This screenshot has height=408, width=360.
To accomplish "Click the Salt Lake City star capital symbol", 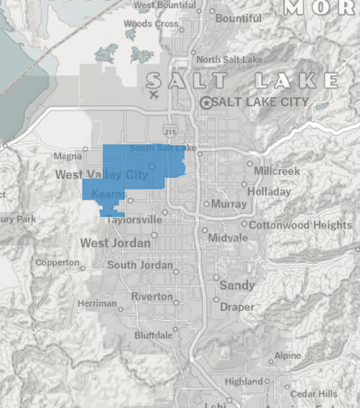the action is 206,103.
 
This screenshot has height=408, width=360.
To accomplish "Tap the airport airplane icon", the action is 154,95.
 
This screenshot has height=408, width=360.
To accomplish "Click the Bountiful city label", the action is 238,19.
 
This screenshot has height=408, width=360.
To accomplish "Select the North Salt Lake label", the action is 229,59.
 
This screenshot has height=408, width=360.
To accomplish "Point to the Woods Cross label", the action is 151,24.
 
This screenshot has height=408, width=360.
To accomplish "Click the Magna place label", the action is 67,157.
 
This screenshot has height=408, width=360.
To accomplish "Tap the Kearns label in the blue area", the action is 109,195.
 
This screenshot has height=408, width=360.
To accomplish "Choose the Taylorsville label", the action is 134,220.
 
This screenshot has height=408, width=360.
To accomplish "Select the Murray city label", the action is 229,204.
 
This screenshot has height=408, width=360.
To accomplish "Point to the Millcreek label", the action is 277,171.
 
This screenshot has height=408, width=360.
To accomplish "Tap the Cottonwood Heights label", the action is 300,225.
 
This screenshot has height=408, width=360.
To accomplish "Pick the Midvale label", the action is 227,238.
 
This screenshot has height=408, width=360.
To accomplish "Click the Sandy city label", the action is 237,285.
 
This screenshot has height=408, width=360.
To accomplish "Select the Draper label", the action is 237,307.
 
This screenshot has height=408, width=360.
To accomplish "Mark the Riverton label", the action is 152,297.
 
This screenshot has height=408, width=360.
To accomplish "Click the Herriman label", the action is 97,304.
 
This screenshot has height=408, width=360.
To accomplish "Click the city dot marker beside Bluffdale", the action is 175,329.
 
